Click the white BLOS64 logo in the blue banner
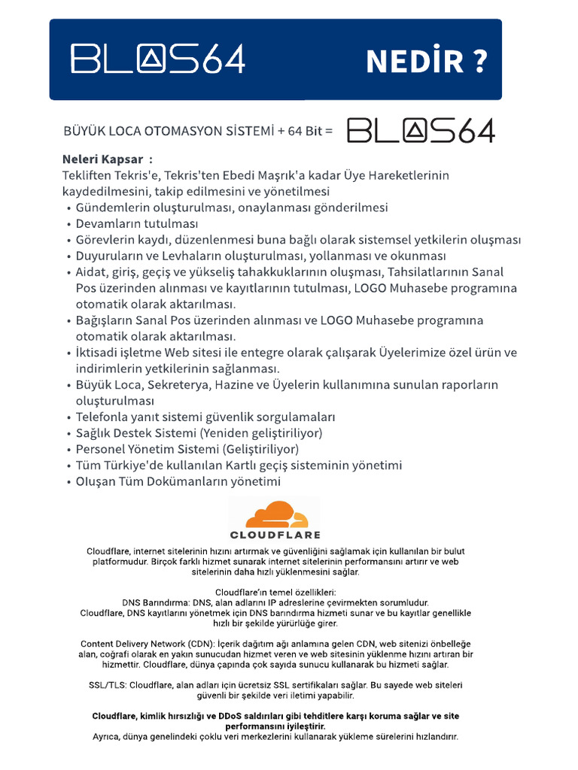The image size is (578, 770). pos(157,59)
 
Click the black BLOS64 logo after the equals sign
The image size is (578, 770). pos(421,131)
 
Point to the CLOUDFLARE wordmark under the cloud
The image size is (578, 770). pos(275,535)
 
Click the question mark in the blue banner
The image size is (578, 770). pos(479,61)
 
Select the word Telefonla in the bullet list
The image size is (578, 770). pos(103,417)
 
